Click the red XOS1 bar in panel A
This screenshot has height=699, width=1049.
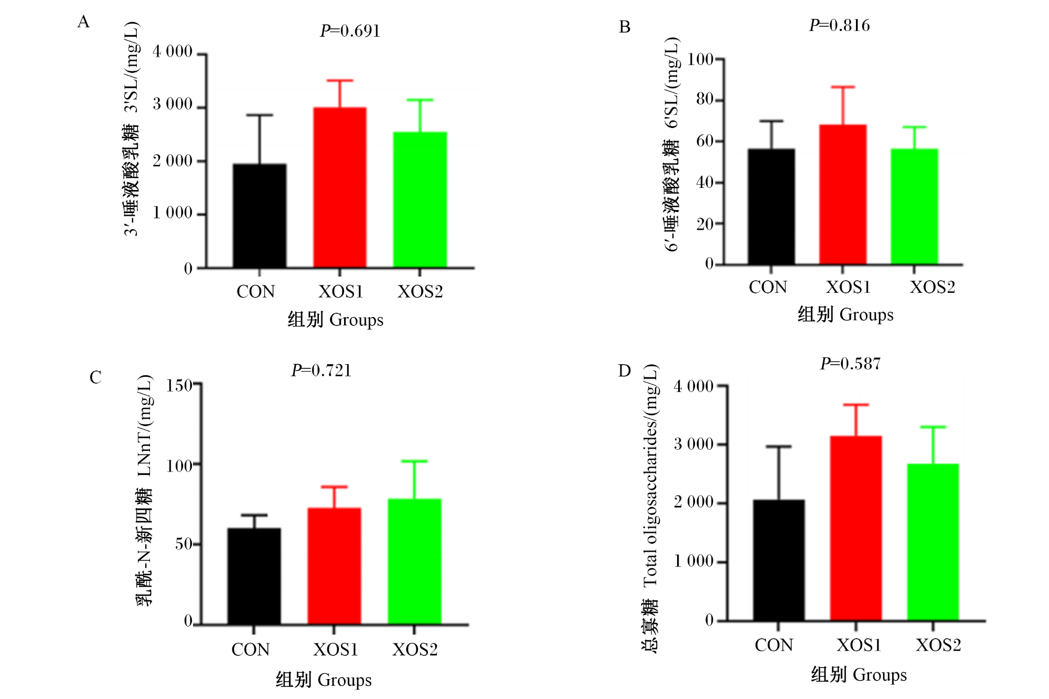(x=340, y=187)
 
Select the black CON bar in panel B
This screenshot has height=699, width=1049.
(x=771, y=206)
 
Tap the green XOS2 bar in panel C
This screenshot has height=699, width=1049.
(x=414, y=562)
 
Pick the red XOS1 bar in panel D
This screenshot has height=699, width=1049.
(x=856, y=528)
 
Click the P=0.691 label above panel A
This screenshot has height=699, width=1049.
(x=350, y=31)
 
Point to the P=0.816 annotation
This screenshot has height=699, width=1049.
(x=839, y=25)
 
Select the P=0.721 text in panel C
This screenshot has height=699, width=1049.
(x=322, y=370)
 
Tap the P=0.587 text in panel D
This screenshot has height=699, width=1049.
(x=850, y=364)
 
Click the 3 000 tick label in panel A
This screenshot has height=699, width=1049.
(x=173, y=104)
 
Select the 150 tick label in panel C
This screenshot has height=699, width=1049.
(x=179, y=386)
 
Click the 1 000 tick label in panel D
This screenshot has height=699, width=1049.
(x=693, y=562)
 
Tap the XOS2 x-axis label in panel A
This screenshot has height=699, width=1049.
(x=420, y=292)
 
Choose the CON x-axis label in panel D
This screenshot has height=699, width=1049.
(x=774, y=645)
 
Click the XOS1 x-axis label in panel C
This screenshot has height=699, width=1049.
(x=336, y=650)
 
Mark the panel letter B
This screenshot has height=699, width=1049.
(x=625, y=27)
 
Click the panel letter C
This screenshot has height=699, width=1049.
(x=95, y=377)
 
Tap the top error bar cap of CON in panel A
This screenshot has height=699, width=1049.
(x=260, y=115)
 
